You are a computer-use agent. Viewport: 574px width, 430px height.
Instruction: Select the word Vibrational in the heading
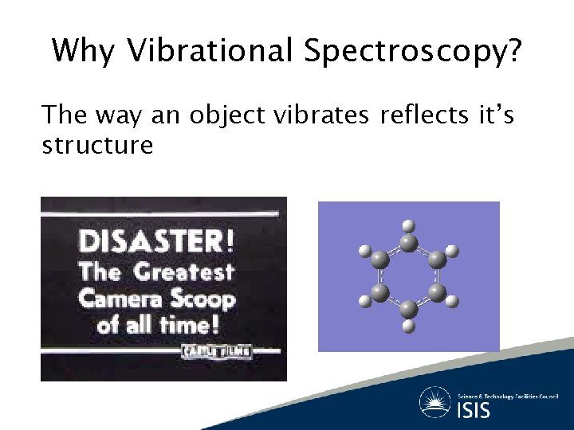click(x=211, y=51)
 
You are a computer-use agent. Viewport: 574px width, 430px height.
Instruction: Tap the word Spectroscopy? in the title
click(x=413, y=53)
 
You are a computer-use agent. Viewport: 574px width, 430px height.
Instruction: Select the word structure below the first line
click(x=97, y=145)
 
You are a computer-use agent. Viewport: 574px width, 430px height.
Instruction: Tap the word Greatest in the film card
click(x=183, y=272)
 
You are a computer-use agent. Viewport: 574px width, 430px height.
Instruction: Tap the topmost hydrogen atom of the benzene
click(x=408, y=225)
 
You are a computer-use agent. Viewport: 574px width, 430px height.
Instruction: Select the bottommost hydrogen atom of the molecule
click(x=408, y=326)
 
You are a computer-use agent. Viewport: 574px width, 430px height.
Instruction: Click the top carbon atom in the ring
click(x=408, y=243)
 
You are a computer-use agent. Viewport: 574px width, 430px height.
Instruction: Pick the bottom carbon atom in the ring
click(x=408, y=308)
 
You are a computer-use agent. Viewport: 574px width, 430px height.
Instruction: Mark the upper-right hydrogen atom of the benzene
click(x=452, y=251)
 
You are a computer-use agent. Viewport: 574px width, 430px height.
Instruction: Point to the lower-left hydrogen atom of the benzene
click(x=365, y=301)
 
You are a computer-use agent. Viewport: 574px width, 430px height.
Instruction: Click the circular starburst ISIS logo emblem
click(x=435, y=402)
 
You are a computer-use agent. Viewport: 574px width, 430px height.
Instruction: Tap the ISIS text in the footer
click(x=474, y=411)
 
